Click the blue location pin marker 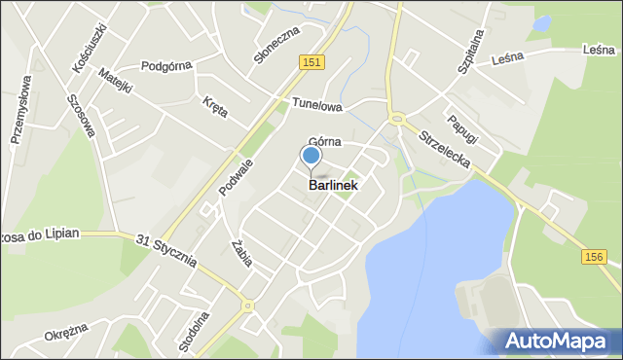point(311,156)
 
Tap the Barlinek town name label point(333,185)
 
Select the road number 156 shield point(596,256)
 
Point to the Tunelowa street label point(315,104)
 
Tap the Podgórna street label point(166,66)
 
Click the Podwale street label point(236,177)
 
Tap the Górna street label point(324,142)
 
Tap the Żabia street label point(243,252)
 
